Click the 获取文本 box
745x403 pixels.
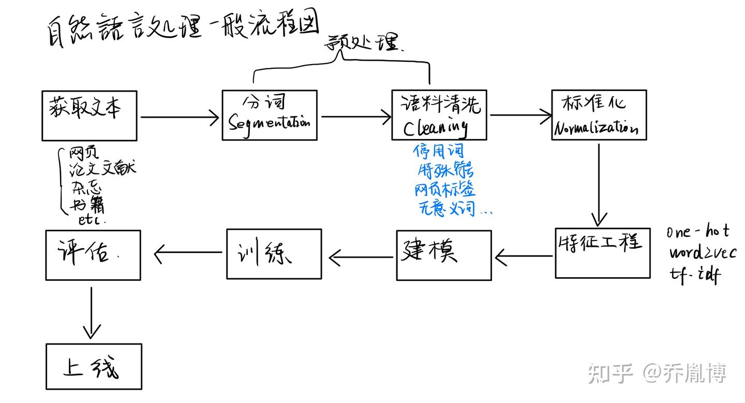(90, 115)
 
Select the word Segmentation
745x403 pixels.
(269, 123)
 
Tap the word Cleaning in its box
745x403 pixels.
(436, 127)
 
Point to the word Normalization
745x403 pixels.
(595, 128)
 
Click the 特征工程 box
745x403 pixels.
(602, 253)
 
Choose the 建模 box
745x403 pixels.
(443, 255)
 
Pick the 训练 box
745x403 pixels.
(274, 254)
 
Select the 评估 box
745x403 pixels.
(93, 255)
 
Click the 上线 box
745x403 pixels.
(94, 367)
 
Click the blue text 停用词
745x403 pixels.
(438, 152)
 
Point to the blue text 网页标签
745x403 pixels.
(445, 189)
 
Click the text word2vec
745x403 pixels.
(702, 253)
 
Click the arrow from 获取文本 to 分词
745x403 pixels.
(180, 117)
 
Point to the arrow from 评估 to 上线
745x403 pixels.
(92, 312)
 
